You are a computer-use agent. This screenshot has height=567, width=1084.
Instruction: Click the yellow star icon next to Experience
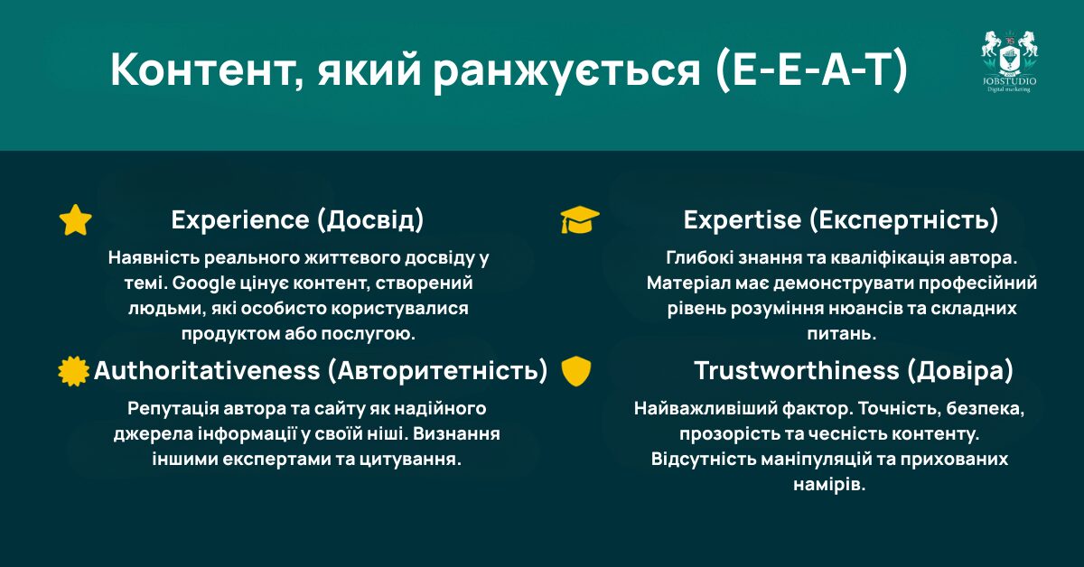click(x=76, y=219)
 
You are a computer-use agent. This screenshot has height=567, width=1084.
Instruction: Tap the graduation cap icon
click(x=579, y=219)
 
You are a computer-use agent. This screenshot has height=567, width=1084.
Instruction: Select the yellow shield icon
click(x=575, y=371)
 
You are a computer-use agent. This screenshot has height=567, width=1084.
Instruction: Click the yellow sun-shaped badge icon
click(x=74, y=371)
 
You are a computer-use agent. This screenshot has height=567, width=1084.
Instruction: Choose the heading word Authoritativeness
click(x=207, y=371)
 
